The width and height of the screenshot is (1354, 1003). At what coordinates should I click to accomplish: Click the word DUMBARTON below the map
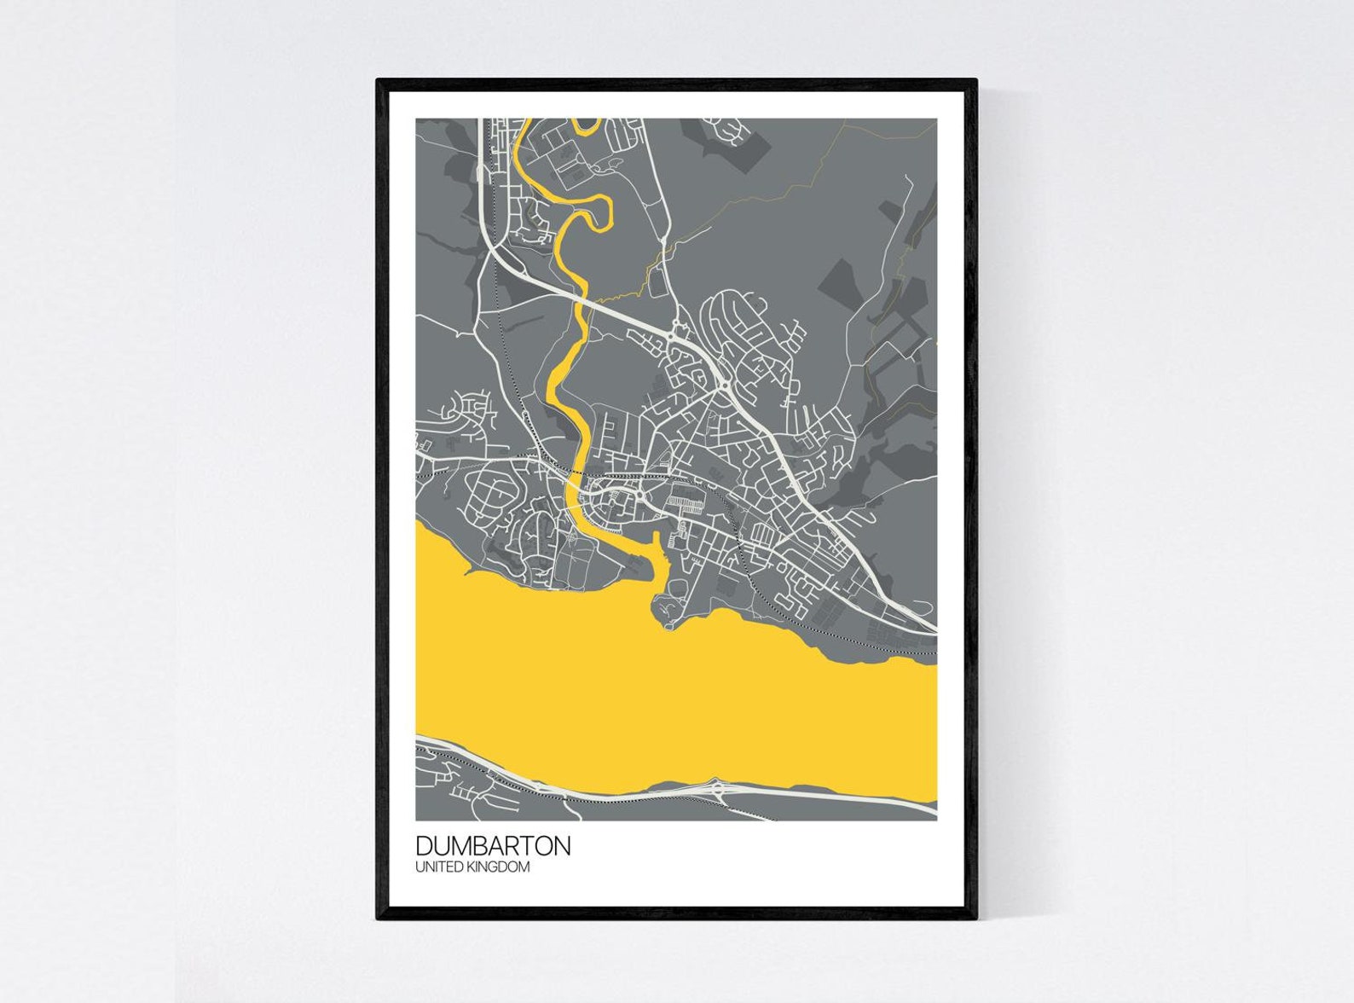tap(493, 846)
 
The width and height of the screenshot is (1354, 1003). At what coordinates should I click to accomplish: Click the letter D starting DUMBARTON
tap(425, 846)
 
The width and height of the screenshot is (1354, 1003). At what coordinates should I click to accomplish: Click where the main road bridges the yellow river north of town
tap(582, 299)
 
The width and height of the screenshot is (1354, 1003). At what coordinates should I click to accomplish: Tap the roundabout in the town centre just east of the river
tap(639, 495)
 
